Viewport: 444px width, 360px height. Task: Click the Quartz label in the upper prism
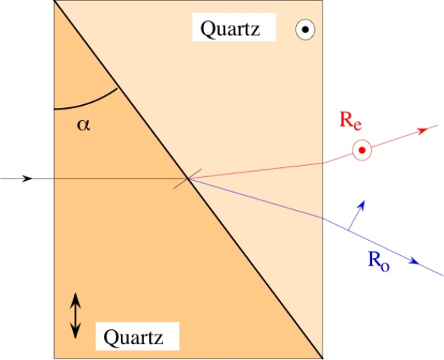(230, 29)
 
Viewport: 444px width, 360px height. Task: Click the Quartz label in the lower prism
(133, 337)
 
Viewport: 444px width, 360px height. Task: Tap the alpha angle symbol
(83, 125)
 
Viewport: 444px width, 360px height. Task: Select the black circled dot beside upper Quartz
(305, 29)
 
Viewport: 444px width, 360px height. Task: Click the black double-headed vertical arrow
(75, 316)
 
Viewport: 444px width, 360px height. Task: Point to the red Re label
(350, 121)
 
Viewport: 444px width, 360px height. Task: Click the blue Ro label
(379, 262)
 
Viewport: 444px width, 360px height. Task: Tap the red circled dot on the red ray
(362, 150)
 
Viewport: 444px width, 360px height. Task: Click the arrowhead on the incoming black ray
(28, 178)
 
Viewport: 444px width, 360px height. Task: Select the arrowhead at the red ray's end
(423, 130)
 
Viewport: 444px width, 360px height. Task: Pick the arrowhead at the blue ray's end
(414, 261)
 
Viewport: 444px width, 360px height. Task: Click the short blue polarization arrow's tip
(364, 201)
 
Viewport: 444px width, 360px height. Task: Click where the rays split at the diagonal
(188, 178)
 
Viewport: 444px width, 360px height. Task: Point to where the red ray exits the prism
(323, 163)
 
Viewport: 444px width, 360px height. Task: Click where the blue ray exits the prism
(323, 218)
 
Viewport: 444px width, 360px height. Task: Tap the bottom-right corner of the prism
(323, 358)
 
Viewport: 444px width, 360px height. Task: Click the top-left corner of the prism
(54, 1)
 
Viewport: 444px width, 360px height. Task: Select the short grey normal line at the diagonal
(187, 178)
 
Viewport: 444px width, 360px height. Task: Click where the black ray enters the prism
(54, 178)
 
